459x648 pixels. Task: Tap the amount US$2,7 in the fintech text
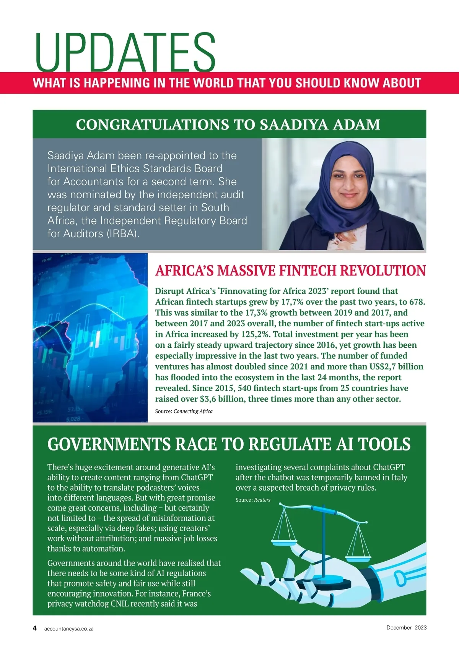pyautogui.click(x=384, y=367)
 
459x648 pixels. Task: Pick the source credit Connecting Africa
pyautogui.click(x=193, y=411)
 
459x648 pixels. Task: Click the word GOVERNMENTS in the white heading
pyautogui.click(x=109, y=444)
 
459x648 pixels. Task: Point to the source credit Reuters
pyautogui.click(x=262, y=500)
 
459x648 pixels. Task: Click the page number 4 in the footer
pyautogui.click(x=35, y=628)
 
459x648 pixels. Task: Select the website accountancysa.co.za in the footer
pyautogui.click(x=69, y=629)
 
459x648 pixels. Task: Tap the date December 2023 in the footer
pyautogui.click(x=406, y=627)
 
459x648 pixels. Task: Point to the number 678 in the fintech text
pyautogui.click(x=417, y=302)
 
